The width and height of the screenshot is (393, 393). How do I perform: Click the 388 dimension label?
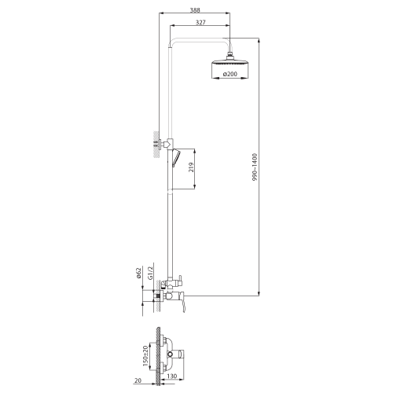[x=195, y=10]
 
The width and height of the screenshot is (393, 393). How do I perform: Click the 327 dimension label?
[x=200, y=23]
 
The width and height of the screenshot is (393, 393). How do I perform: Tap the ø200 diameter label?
[x=230, y=74]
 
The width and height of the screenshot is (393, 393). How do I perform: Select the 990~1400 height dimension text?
[x=255, y=167]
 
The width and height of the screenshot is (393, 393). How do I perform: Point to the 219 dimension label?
[x=191, y=167]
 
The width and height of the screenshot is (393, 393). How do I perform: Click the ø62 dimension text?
[x=139, y=273]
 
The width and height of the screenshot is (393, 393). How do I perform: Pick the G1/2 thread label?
[x=150, y=273]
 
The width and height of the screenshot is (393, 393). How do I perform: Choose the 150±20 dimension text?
[x=145, y=357]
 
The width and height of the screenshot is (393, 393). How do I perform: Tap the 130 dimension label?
[x=171, y=376]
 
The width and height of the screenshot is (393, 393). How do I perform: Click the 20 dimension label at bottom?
[x=138, y=380]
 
